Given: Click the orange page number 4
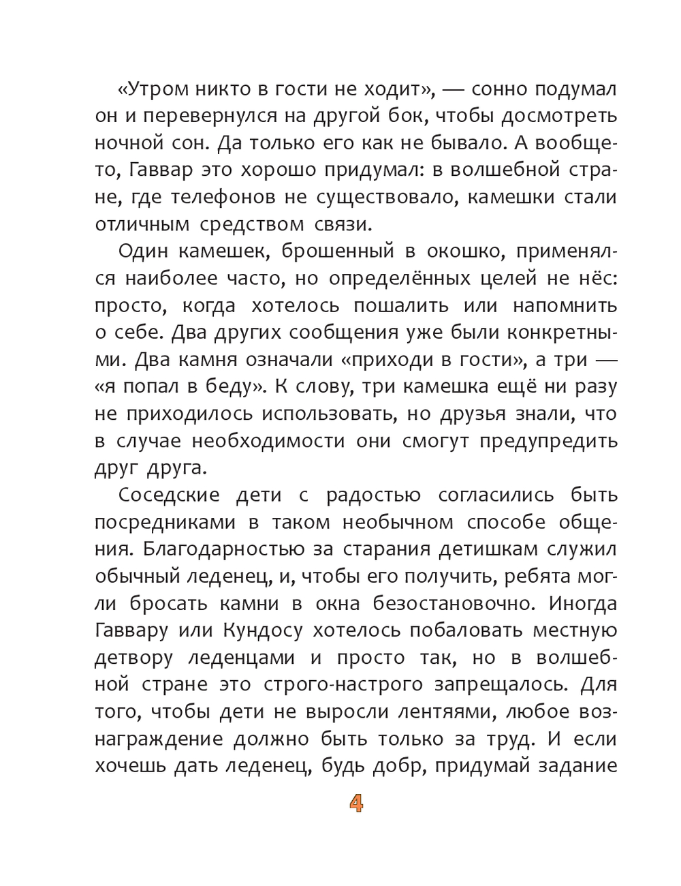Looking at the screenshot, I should tap(356, 804).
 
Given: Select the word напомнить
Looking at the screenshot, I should tap(565, 305).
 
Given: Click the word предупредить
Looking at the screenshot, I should tap(548, 441).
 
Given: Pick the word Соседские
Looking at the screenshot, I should tap(169, 495).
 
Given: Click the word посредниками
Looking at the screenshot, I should tap(165, 522).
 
